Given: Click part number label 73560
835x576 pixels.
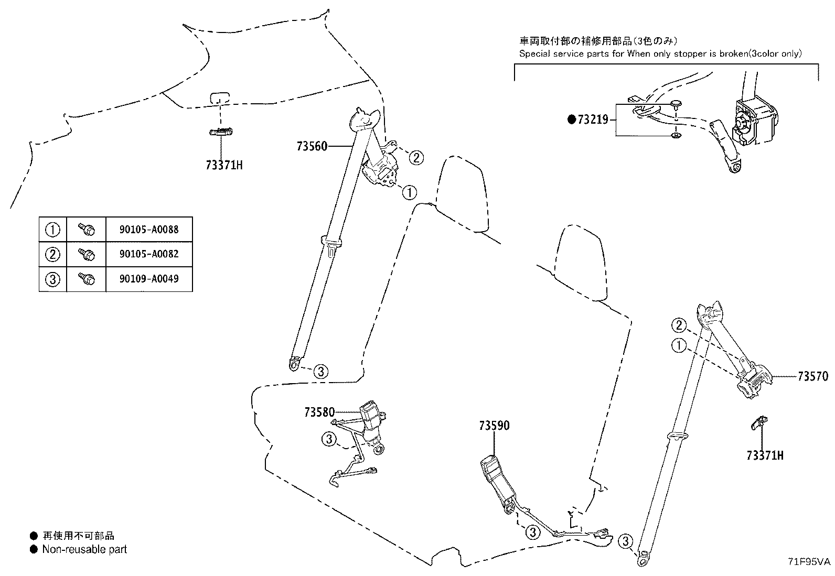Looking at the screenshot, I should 312,146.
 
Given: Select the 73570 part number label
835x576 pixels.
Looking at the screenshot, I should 812,376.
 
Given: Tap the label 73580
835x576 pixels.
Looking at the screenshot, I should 319,412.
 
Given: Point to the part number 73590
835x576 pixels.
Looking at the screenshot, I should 494,426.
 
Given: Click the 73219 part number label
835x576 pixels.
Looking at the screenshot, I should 593,120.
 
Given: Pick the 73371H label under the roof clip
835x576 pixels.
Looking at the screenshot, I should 224,166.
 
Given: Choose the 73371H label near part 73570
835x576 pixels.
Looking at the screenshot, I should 765,455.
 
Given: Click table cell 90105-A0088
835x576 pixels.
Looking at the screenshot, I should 149,230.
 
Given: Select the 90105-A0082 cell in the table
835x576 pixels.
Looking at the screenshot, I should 149,254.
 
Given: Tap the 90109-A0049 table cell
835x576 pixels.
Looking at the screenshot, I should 149,279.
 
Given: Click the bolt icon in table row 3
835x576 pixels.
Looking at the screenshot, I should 86,279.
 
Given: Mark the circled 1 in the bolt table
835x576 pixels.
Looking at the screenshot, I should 53,230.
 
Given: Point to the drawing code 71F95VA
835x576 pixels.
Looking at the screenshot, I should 809,561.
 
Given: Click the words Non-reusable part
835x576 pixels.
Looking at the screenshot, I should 84,549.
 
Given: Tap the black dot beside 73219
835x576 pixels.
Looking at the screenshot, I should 572,120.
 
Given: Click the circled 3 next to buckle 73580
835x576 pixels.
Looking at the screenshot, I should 329,439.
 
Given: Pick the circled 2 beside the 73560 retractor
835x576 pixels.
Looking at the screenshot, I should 415,157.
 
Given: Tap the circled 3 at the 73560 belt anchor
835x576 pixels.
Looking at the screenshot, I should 321,372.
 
